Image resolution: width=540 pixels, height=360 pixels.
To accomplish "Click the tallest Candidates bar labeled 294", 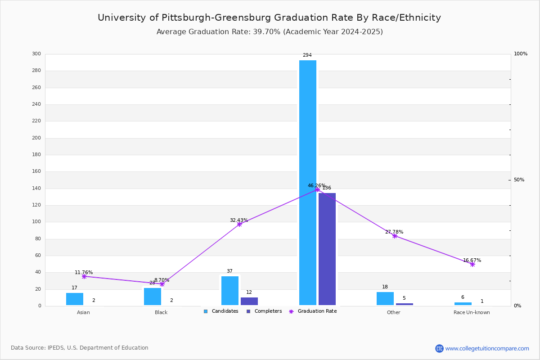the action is click(308, 183).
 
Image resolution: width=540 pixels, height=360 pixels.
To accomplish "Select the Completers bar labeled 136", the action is click(327, 249).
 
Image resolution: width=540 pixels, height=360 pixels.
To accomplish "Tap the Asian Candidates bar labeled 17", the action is click(75, 299).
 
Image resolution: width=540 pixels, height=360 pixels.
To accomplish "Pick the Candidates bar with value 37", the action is click(230, 291).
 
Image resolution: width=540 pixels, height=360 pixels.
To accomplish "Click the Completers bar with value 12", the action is click(249, 301).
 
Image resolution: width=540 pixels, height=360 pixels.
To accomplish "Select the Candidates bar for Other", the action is click(385, 298).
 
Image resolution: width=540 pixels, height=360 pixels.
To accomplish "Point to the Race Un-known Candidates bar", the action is click(463, 304).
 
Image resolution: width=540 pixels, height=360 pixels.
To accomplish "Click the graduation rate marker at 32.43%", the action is click(239, 224).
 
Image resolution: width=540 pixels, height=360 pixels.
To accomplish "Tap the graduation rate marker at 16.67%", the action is click(472, 264).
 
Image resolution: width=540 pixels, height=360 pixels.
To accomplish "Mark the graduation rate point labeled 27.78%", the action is click(395, 236).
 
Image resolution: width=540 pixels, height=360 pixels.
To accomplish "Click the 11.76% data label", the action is click(84, 272).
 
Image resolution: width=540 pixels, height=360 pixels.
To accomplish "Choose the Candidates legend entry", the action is click(221, 311).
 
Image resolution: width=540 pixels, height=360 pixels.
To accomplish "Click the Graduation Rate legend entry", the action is click(313, 311).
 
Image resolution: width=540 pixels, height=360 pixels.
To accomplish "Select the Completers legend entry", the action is click(264, 311).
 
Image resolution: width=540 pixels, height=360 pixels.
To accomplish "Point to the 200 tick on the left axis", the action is click(36, 138).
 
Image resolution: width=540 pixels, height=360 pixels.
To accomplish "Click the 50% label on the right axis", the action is click(519, 180).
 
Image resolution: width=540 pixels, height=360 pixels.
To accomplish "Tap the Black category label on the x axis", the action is click(161, 312).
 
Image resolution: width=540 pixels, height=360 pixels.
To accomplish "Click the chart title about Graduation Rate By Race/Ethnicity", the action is click(269, 18).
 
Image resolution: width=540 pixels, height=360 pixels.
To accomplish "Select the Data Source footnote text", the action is click(80, 347).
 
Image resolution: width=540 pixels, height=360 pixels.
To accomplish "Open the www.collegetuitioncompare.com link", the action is click(487, 348).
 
